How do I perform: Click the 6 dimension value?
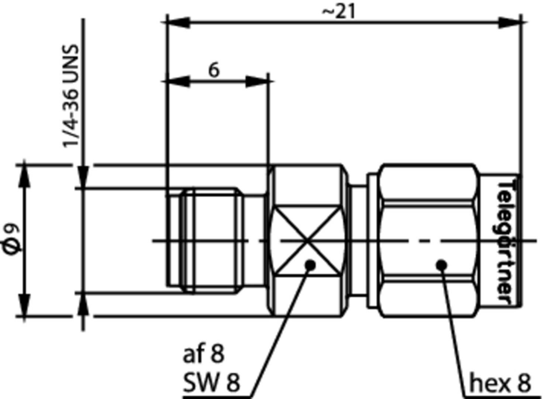214,70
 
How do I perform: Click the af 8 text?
203,354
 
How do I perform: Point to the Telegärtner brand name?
505,242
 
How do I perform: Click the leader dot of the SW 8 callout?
310,264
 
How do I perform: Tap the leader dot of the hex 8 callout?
441,264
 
